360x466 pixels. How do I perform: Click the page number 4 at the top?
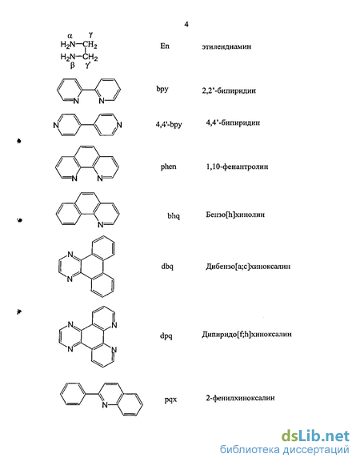(x=186, y=24)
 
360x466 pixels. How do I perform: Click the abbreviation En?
(x=165, y=46)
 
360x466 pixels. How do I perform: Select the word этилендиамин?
(x=226, y=46)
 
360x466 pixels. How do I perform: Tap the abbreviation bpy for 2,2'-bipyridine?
(x=162, y=89)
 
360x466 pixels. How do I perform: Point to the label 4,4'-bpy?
(x=169, y=124)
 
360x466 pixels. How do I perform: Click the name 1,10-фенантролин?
(x=237, y=167)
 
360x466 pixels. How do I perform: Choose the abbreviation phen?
(x=169, y=167)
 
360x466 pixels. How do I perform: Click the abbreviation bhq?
(x=174, y=215)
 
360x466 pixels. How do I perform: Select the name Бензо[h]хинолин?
(x=235, y=215)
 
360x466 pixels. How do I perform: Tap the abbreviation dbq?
(x=167, y=267)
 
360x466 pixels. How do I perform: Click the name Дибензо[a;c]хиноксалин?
(x=248, y=267)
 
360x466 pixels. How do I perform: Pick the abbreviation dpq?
(x=166, y=336)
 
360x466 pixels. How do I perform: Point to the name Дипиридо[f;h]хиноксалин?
(x=246, y=335)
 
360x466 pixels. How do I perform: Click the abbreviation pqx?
(x=170, y=400)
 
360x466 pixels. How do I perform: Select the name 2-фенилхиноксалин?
(x=240, y=398)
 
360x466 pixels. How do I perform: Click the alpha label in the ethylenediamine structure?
(x=70, y=36)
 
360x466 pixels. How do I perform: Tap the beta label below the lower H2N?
(x=72, y=65)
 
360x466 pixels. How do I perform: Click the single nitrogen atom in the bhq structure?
(x=101, y=225)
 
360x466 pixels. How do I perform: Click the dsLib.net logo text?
(x=315, y=436)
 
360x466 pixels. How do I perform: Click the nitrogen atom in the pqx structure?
(x=105, y=405)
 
